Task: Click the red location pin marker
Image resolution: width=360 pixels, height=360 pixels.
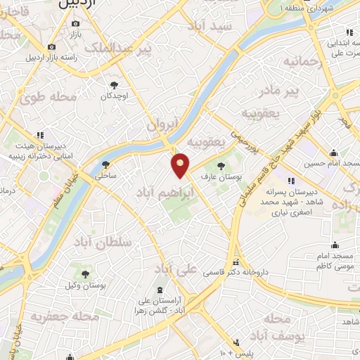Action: pyautogui.click(x=181, y=165)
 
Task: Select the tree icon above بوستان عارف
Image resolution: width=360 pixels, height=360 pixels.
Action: pyautogui.click(x=221, y=167)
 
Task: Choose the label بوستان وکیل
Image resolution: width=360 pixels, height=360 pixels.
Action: pyautogui.click(x=85, y=286)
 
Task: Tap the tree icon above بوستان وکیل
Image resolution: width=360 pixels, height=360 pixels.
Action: pyautogui.click(x=85, y=274)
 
